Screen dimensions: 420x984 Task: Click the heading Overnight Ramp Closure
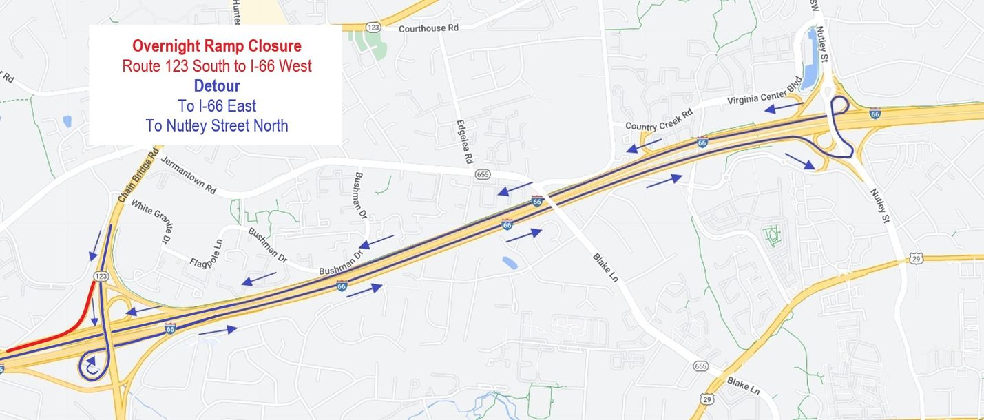216,46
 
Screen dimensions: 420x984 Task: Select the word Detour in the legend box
216,86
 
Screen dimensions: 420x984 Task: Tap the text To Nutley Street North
216,125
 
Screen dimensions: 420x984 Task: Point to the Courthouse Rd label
428,28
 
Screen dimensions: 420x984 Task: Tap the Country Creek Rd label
659,120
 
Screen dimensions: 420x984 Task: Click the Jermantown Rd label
188,175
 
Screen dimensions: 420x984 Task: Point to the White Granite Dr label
151,221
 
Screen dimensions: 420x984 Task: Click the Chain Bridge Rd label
138,175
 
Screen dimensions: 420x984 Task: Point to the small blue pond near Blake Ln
510,262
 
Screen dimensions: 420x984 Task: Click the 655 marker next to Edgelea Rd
482,175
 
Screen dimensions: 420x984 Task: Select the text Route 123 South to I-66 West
216,66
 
